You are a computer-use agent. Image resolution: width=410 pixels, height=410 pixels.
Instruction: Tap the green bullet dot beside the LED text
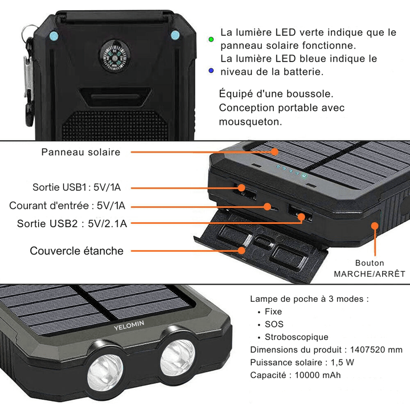coord(211,39)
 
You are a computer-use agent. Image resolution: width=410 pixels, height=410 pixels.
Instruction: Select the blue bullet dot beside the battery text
coord(211,71)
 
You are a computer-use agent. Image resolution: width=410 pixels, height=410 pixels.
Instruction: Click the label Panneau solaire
coord(81,152)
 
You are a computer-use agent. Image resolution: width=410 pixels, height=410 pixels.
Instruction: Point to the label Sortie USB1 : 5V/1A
coord(80,187)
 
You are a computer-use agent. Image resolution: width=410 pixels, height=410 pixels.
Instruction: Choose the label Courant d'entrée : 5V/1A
coord(68,206)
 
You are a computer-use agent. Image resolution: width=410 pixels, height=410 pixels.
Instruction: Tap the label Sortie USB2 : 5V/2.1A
coord(72,223)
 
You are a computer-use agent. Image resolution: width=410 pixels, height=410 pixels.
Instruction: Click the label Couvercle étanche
coord(76,251)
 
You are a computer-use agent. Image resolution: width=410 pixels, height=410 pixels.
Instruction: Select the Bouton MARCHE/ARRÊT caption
coord(370,268)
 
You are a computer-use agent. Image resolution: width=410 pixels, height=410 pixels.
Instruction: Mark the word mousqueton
coord(251,121)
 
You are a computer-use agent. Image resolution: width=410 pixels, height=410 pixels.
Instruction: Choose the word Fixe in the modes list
coord(273,311)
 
